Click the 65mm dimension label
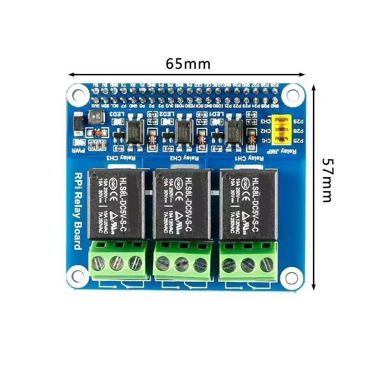pos(188,64)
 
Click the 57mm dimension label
pos(327,180)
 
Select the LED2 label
pos(166,113)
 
